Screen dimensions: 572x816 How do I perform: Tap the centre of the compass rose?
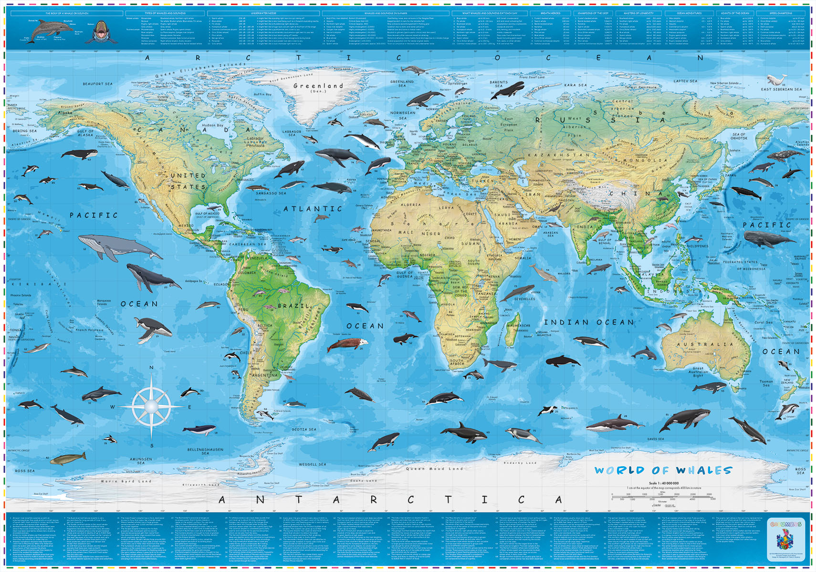click(x=151, y=406)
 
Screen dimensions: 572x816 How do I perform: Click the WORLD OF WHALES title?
click(x=663, y=470)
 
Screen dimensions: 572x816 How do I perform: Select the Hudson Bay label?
click(x=213, y=125)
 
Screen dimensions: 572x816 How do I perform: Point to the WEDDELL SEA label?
click(x=313, y=464)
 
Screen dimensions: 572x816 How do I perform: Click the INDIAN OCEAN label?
click(x=589, y=323)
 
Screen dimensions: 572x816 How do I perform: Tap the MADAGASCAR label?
click(x=518, y=326)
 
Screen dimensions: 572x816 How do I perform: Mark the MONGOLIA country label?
click(x=644, y=161)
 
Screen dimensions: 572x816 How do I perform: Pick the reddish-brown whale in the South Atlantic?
click(x=347, y=344)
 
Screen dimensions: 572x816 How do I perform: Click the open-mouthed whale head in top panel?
click(x=101, y=31)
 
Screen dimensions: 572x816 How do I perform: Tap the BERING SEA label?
click(x=24, y=131)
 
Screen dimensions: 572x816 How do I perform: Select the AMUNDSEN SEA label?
click(x=141, y=461)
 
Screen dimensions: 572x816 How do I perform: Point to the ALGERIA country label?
click(x=411, y=205)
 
